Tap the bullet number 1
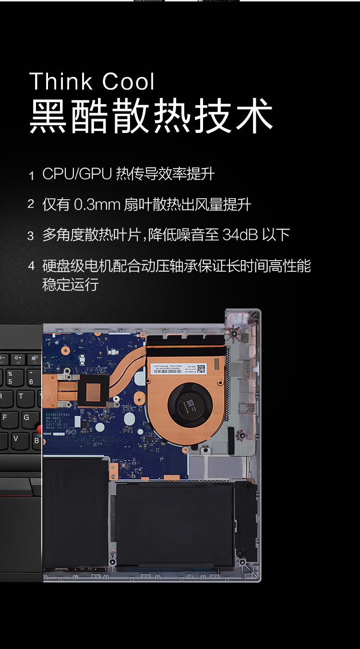click(32, 176)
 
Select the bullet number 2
click(31, 205)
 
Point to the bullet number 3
click(31, 236)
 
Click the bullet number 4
click(32, 265)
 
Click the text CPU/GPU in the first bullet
click(77, 174)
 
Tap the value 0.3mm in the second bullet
click(96, 205)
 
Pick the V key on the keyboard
click(16, 439)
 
